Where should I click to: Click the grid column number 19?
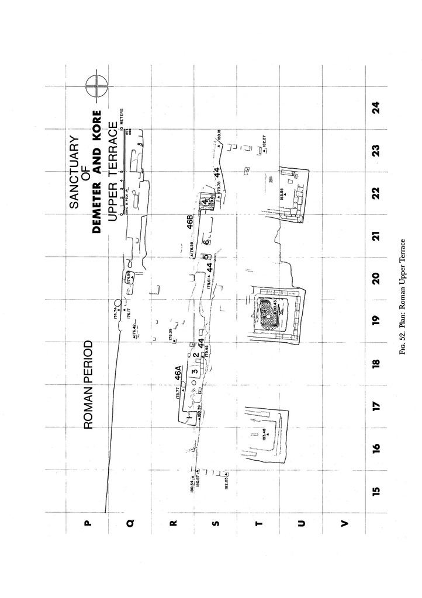click(x=376, y=319)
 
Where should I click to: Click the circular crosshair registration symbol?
click(x=96, y=86)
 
